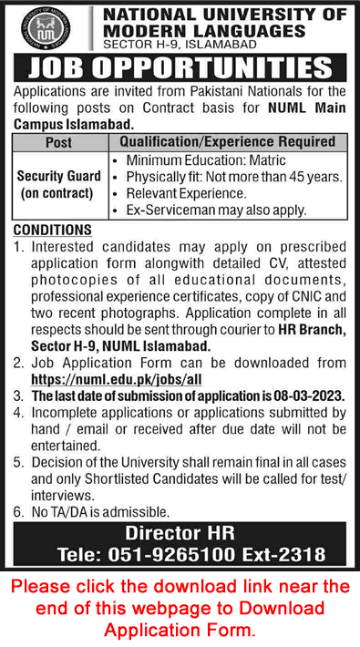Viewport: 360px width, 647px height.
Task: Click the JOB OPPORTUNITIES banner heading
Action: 180,68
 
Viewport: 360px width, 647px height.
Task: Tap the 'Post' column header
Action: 58,143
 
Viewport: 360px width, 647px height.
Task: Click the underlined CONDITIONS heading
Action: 52,231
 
